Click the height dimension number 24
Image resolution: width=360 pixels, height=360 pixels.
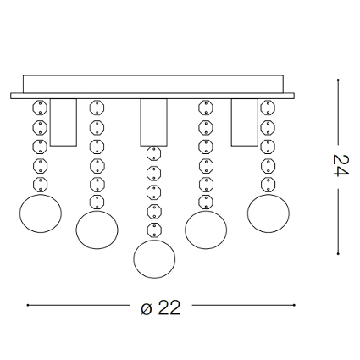click(x=341, y=165)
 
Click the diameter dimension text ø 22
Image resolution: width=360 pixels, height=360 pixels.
click(x=160, y=307)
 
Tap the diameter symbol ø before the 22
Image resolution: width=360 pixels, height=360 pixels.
click(x=147, y=309)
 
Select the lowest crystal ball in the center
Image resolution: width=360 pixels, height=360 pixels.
click(x=154, y=259)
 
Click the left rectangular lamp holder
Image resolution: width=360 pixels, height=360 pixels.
click(x=64, y=122)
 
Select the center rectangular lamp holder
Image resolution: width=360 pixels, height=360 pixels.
click(x=154, y=122)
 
